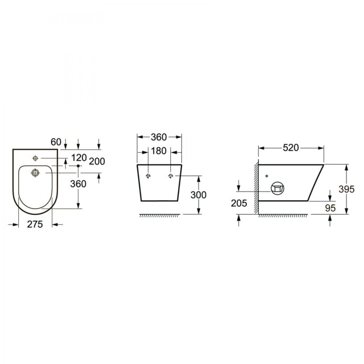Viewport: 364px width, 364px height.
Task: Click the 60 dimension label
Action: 56,142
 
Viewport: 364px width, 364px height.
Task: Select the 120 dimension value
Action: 79,158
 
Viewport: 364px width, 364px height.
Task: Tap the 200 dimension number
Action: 97,161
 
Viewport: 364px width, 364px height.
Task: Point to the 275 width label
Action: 35,224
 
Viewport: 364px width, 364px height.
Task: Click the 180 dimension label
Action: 159,151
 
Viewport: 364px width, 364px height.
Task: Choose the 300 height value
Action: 198,195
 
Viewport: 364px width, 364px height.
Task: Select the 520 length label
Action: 290,148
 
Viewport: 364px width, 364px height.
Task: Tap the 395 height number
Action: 347,189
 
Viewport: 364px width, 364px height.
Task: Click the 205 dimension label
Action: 239,203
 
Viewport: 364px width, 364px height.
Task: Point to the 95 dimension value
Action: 331,208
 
